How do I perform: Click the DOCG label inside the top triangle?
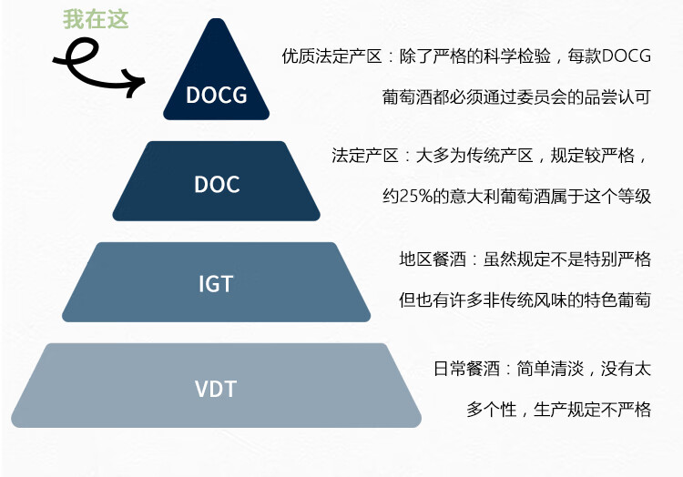217,95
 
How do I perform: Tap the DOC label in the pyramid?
217,185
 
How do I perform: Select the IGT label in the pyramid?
216,284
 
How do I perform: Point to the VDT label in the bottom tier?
216,389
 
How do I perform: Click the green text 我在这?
96,19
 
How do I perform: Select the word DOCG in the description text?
627,56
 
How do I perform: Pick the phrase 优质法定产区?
331,56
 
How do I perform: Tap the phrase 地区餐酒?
433,259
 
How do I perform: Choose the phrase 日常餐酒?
466,369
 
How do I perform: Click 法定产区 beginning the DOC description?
365,156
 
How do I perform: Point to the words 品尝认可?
617,97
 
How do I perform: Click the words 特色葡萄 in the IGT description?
617,299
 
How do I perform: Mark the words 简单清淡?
550,369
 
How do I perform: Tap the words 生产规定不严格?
593,410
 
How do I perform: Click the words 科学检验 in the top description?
517,56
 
